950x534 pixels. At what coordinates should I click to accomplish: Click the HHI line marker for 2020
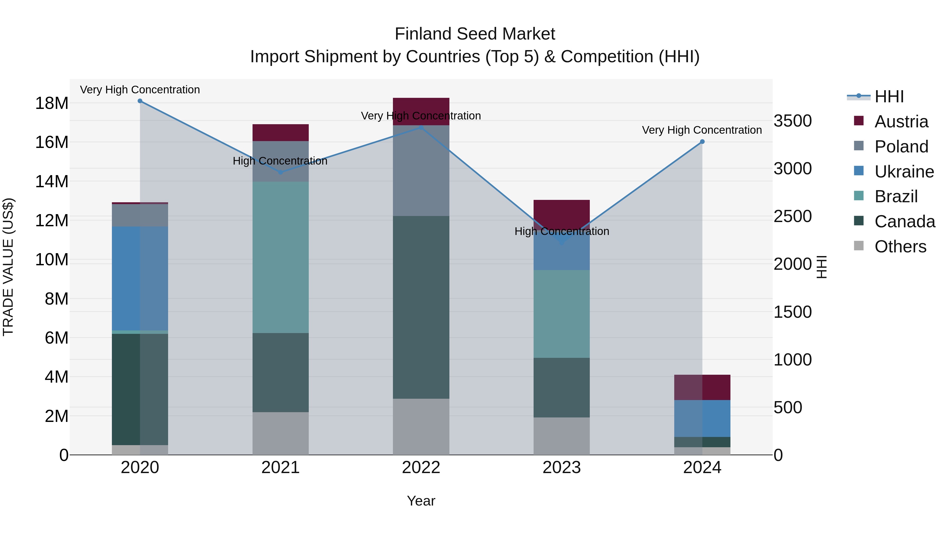[x=140, y=101]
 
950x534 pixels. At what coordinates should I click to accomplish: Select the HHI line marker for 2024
[x=702, y=142]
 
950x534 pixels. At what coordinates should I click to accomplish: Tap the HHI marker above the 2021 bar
[x=280, y=172]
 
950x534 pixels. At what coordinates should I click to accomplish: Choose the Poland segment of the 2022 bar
[x=421, y=171]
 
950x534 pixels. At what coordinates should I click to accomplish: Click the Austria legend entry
[x=901, y=122]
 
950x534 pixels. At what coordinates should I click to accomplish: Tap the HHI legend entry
[x=889, y=97]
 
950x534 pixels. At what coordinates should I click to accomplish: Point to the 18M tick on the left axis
[x=52, y=103]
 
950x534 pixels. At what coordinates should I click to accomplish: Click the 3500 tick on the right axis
[x=792, y=121]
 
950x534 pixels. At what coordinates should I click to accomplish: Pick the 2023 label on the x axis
[x=561, y=468]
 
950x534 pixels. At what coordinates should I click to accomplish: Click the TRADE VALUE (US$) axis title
[x=8, y=267]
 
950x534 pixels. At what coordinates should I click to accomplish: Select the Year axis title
[x=421, y=501]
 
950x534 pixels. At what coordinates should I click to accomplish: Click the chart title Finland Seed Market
[x=475, y=34]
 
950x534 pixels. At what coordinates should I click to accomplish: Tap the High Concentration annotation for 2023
[x=561, y=232]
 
